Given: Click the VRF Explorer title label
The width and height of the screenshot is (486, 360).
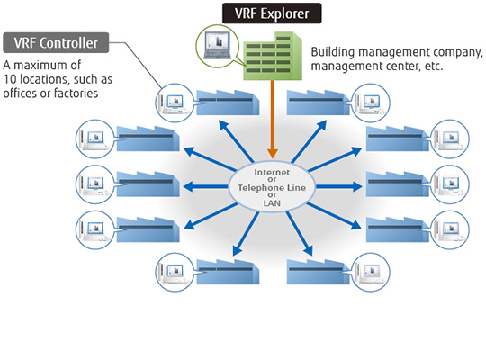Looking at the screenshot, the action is pyautogui.click(x=272, y=13).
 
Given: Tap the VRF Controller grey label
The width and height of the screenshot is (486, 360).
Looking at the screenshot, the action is pyautogui.click(x=56, y=43).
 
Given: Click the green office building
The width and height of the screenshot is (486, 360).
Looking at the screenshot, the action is pyautogui.click(x=273, y=56).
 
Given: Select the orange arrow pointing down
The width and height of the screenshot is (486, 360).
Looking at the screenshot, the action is pyautogui.click(x=273, y=120).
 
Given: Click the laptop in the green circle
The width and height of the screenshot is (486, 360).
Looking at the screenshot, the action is pyautogui.click(x=217, y=46).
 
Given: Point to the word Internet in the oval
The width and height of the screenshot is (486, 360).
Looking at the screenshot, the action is pyautogui.click(x=272, y=172).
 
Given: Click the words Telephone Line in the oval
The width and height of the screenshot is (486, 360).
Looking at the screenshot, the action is pyautogui.click(x=272, y=187).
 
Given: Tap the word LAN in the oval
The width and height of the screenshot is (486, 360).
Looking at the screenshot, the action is pyautogui.click(x=272, y=203).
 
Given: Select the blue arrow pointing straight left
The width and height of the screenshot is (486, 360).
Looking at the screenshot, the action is pyautogui.click(x=205, y=186).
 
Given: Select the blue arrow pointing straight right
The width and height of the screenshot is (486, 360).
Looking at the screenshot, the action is pyautogui.click(x=338, y=186).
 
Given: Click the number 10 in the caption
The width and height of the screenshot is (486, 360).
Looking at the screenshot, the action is pyautogui.click(x=10, y=79).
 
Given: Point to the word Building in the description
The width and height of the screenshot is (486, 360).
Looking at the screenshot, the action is pyautogui.click(x=333, y=52).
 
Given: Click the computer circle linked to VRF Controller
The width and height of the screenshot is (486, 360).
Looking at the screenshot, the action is pyautogui.click(x=175, y=103).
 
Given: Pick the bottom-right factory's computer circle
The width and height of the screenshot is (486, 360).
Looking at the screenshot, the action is pyautogui.click(x=371, y=272).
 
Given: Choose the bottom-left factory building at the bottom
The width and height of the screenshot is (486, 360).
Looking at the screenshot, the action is pyautogui.click(x=228, y=272).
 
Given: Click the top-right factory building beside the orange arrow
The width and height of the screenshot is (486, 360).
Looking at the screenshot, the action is pyautogui.click(x=319, y=103).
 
